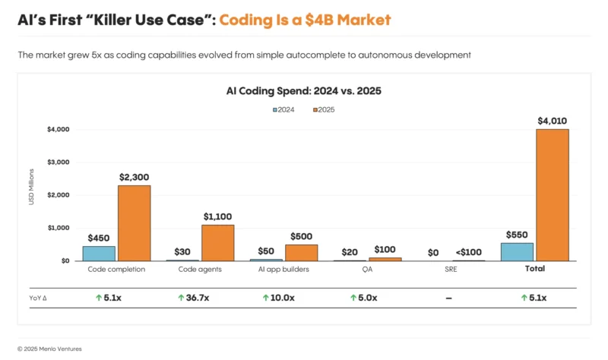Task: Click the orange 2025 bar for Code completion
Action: pos(134,223)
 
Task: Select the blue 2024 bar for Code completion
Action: pos(99,253)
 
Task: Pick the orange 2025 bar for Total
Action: pos(552,195)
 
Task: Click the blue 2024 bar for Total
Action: pos(517,251)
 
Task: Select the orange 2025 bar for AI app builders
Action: pos(301,252)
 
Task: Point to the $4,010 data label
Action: pos(552,121)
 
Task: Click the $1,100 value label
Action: pos(217,216)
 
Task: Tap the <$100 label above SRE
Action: pos(468,252)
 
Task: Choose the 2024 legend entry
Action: pos(286,110)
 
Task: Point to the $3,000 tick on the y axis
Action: pos(59,163)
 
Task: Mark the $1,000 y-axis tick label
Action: pos(59,228)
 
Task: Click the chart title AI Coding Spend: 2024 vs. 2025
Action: pos(303,91)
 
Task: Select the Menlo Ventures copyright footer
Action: pos(49,349)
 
